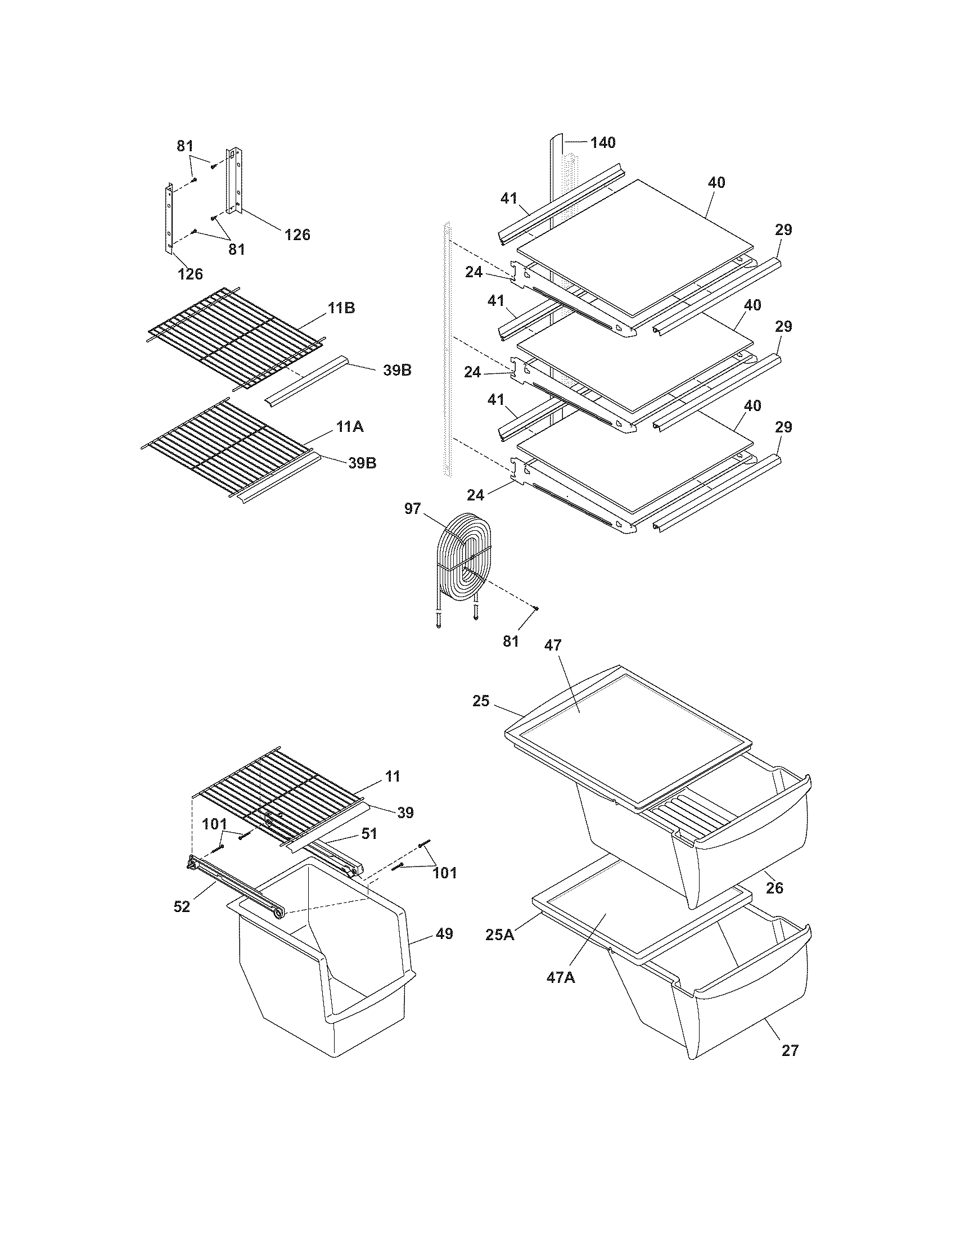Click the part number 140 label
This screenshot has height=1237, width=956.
603,143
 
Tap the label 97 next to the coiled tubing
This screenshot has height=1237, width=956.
412,509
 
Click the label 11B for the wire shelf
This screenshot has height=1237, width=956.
341,309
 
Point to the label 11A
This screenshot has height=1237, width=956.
349,427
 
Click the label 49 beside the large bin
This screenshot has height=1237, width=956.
445,933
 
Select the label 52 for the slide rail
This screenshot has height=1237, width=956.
182,907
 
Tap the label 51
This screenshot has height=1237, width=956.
369,834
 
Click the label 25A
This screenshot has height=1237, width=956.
499,934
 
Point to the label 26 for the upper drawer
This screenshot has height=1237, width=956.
774,887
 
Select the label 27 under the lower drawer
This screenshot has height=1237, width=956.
790,1051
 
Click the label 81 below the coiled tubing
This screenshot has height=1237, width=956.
510,641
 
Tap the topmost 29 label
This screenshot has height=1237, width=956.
783,230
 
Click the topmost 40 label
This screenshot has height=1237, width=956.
716,183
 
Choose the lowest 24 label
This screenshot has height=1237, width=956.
476,495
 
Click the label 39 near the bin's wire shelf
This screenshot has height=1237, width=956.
405,813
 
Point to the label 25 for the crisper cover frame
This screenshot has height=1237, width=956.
481,701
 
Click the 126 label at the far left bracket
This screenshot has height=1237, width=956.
190,274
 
